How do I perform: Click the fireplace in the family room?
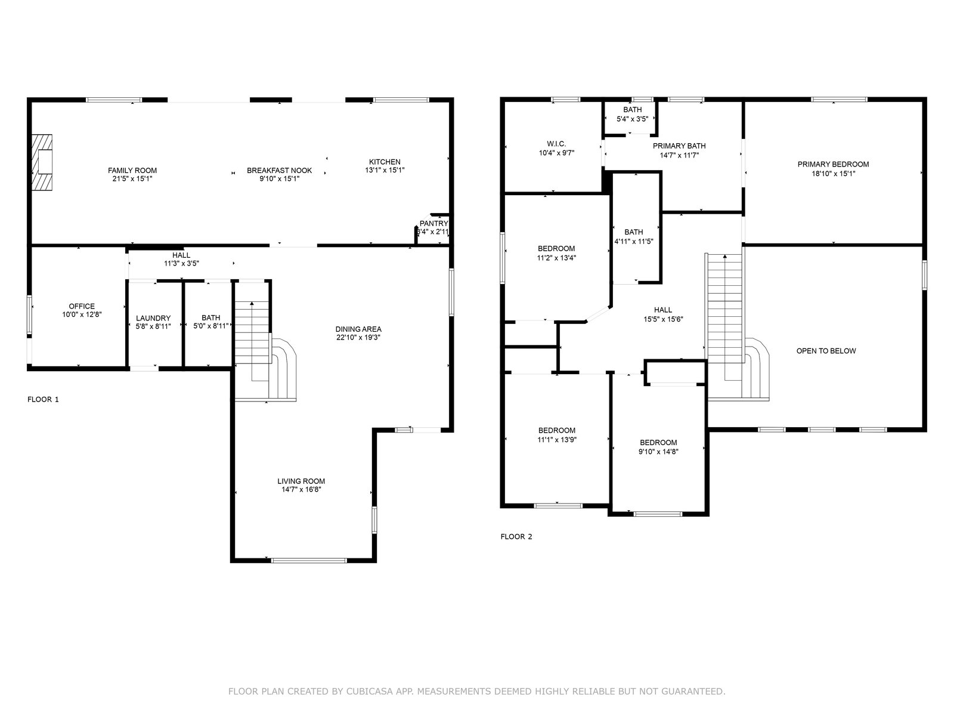[42, 162]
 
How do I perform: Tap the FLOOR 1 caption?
[43, 399]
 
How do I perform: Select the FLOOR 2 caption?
[516, 536]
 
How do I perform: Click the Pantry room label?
[433, 223]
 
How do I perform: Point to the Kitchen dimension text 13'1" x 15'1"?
[385, 170]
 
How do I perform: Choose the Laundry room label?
[153, 318]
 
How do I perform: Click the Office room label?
[82, 306]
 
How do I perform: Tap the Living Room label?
[301, 482]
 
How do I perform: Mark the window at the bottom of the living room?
[309, 560]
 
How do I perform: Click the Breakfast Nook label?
[280, 171]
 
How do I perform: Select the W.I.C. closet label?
[557, 144]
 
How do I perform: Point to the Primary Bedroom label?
[833, 164]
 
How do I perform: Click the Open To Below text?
[826, 351]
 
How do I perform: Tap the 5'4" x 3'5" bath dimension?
[633, 119]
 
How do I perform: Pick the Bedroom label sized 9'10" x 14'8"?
[658, 443]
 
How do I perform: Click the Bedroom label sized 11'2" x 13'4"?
[556, 249]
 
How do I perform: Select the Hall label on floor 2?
[663, 310]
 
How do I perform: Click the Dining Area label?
[358, 329]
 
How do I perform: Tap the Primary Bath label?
[679, 146]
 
